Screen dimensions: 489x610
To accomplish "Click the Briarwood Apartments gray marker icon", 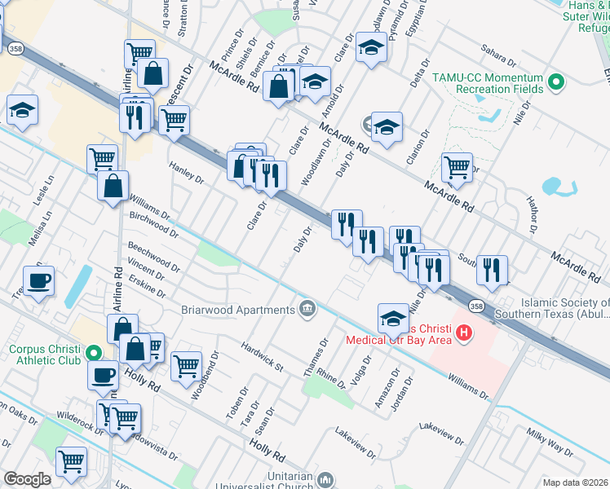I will [x=307, y=309].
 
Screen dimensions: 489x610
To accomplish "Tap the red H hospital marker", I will [x=464, y=333].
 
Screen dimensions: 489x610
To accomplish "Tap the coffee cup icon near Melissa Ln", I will [x=39, y=281].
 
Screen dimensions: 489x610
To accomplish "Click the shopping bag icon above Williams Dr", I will [x=113, y=185].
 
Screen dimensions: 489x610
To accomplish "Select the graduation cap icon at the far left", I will [x=22, y=110].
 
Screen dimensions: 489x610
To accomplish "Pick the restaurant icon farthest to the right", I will [x=492, y=270].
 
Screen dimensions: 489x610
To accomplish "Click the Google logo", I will [x=27, y=479].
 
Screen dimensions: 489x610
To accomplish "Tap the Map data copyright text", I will [x=575, y=482].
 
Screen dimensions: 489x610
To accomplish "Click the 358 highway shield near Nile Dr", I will [x=475, y=303].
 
